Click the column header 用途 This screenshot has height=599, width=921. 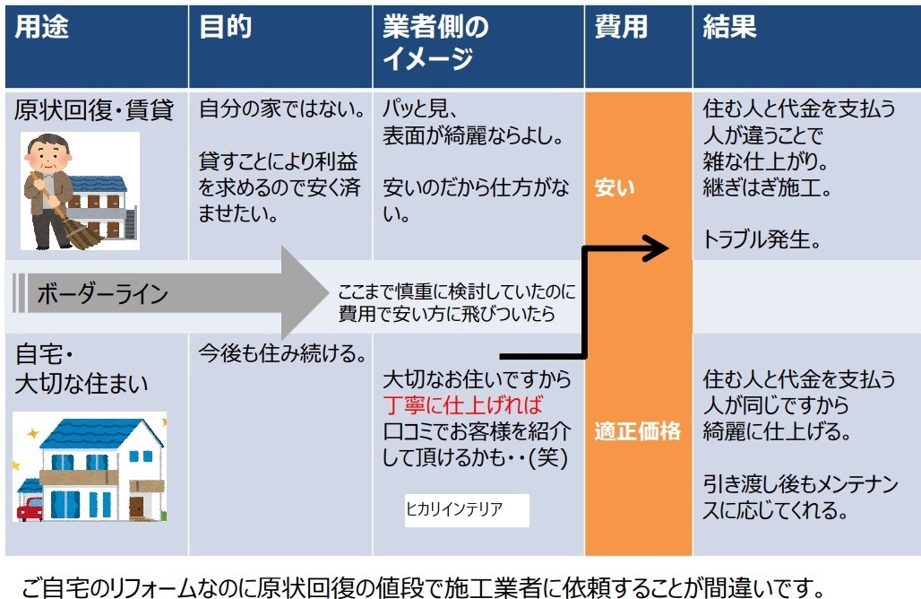pos(41,26)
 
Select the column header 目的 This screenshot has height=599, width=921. pos(226,26)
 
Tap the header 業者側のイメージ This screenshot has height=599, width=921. pos(435,42)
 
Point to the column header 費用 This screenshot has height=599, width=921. pos(621,26)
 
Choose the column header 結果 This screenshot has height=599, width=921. pos(729,26)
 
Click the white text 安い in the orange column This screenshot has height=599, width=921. pos(615,187)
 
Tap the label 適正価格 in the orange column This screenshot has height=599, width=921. pos(637,431)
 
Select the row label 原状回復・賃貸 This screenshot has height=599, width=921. pos(94,110)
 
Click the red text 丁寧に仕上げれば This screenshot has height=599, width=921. pos(463,405)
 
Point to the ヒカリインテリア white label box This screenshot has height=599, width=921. pos(467,509)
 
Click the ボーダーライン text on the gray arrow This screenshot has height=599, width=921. pos(103,293)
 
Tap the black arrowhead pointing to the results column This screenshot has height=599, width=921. pos(656,248)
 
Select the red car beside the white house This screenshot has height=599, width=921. pos(30,509)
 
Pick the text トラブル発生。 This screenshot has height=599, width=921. pos(762,239)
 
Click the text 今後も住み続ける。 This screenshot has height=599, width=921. pos(282,353)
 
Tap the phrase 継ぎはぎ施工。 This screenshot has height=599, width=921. pos(767,187)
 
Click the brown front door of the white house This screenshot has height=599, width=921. pos(137,508)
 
